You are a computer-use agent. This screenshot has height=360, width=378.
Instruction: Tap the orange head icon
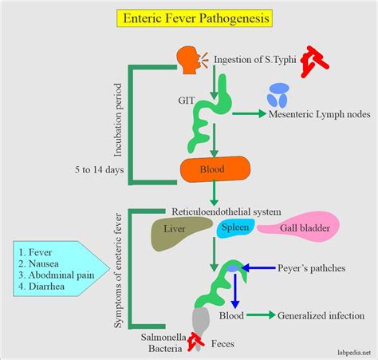pyautogui.click(x=187, y=58)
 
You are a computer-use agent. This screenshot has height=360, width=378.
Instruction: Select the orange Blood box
pyautogui.click(x=215, y=169)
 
